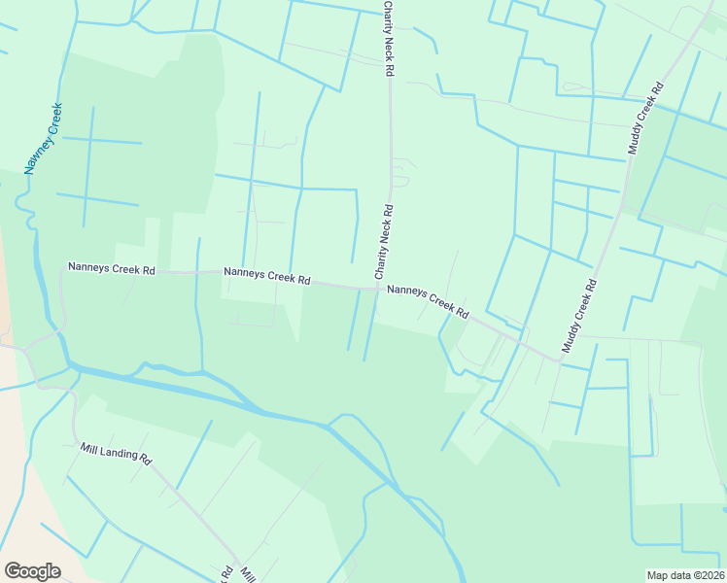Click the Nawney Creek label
pos(45,139)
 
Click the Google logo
pos(32,571)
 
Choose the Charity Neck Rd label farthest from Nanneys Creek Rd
pos(388,39)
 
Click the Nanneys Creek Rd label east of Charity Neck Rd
pos(428,301)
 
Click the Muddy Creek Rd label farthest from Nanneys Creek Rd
pos(645,119)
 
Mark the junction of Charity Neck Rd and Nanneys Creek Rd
pos(380,288)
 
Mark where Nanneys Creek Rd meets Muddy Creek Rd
pos(559,360)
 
